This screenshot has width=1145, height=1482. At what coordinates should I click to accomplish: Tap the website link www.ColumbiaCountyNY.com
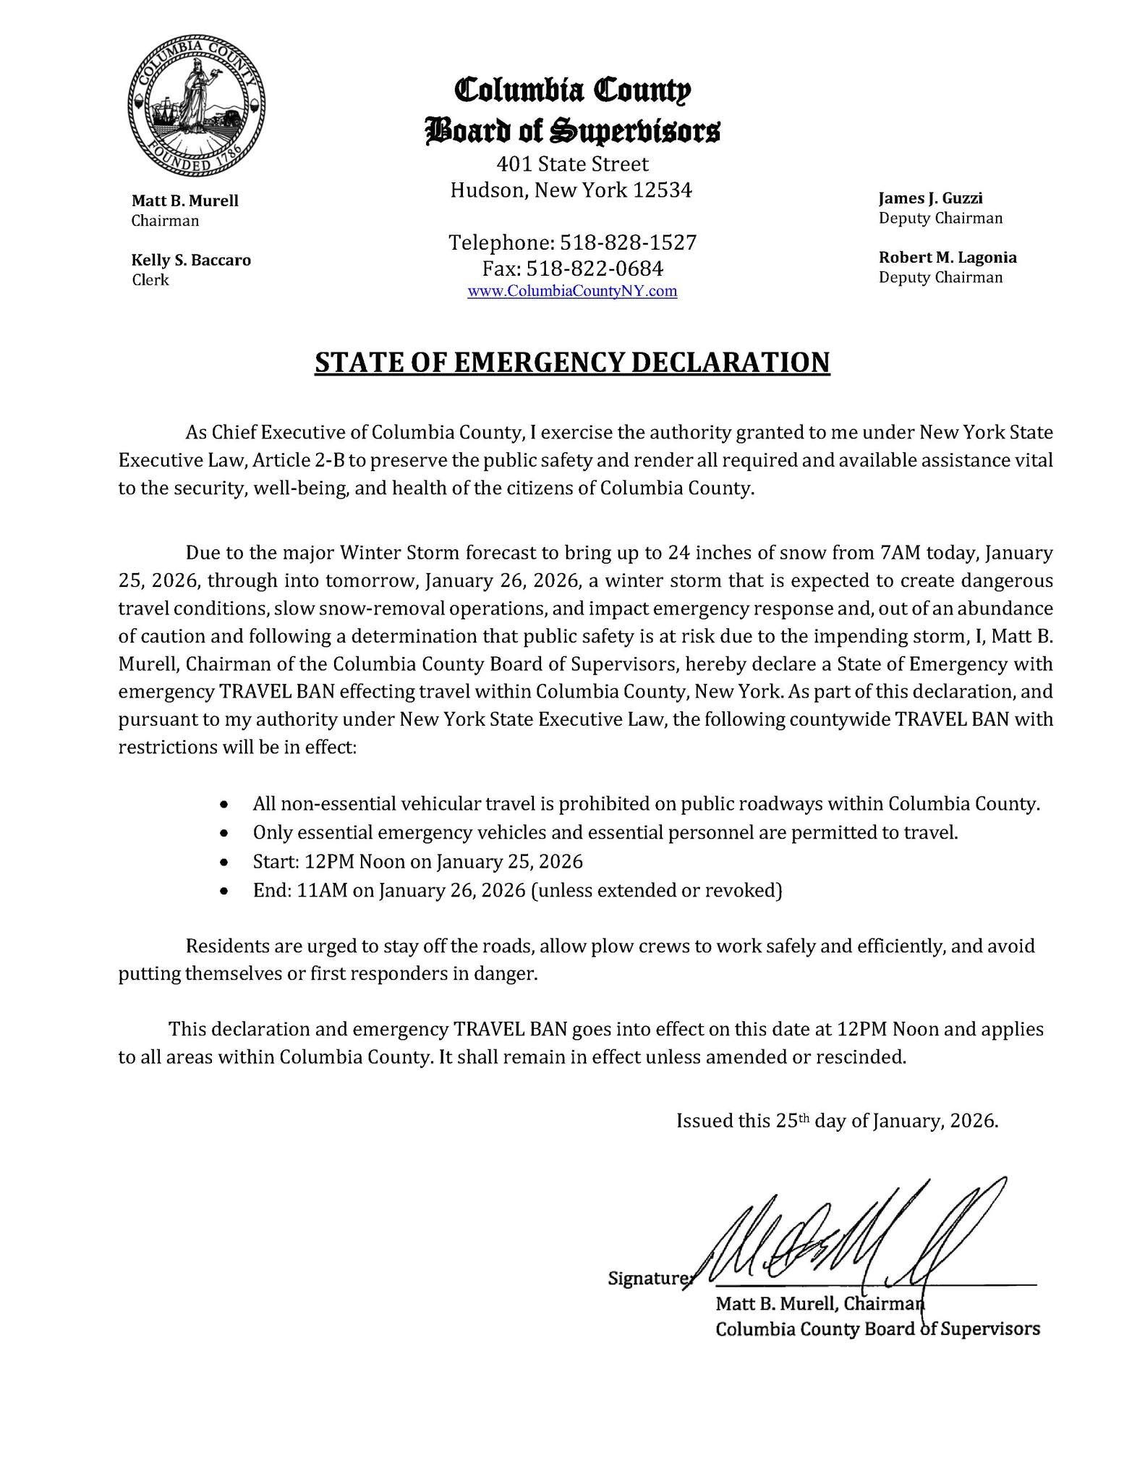point(572,291)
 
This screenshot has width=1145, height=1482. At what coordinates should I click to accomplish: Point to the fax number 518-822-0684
point(595,268)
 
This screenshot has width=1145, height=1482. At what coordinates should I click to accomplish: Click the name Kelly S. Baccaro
point(191,260)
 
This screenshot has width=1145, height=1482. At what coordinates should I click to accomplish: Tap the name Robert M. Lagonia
point(948,258)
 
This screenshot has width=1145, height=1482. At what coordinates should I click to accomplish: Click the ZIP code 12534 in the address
point(663,190)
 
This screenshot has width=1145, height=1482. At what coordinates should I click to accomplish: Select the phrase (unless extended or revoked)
point(657,890)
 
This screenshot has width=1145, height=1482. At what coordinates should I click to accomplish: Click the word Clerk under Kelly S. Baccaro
point(150,280)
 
